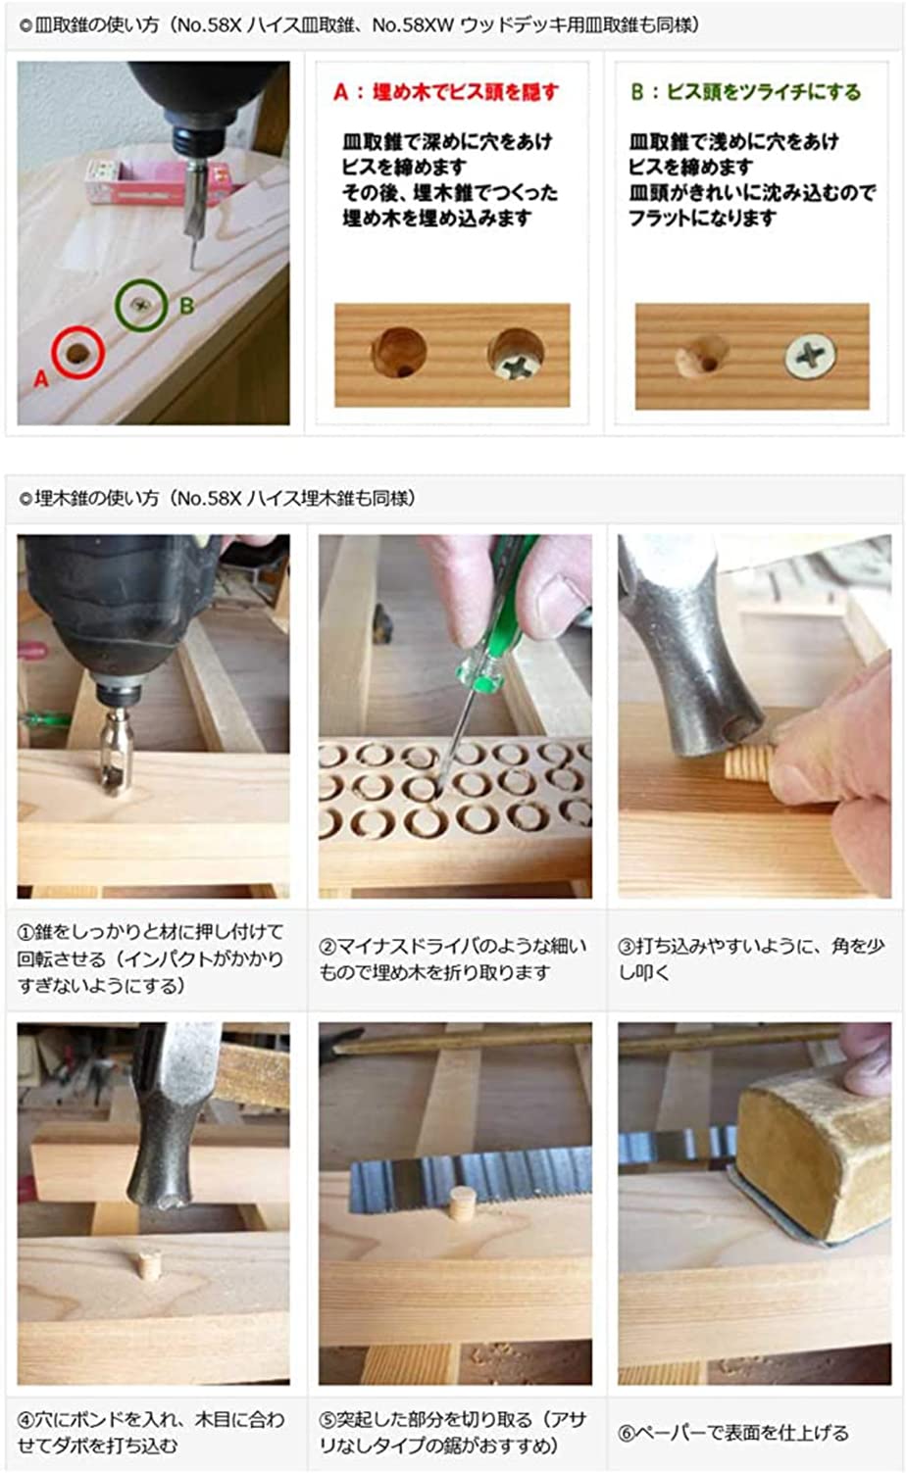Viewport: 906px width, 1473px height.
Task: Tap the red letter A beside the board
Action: pyautogui.click(x=41, y=377)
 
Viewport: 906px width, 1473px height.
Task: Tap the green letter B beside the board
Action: pyautogui.click(x=186, y=306)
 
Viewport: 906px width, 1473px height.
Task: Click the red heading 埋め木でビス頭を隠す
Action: pyautogui.click(x=446, y=92)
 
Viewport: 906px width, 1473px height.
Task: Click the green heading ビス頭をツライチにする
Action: pyautogui.click(x=745, y=92)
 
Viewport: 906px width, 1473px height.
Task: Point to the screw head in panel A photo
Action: pyautogui.click(x=516, y=355)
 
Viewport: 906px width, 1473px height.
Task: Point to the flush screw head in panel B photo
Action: pyautogui.click(x=810, y=356)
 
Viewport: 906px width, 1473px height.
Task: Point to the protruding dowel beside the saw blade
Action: pyautogui.click(x=462, y=1203)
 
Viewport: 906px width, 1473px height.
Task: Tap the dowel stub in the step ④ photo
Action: pyautogui.click(x=149, y=1265)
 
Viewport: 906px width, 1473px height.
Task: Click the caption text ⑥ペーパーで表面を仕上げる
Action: pyautogui.click(x=732, y=1432)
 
